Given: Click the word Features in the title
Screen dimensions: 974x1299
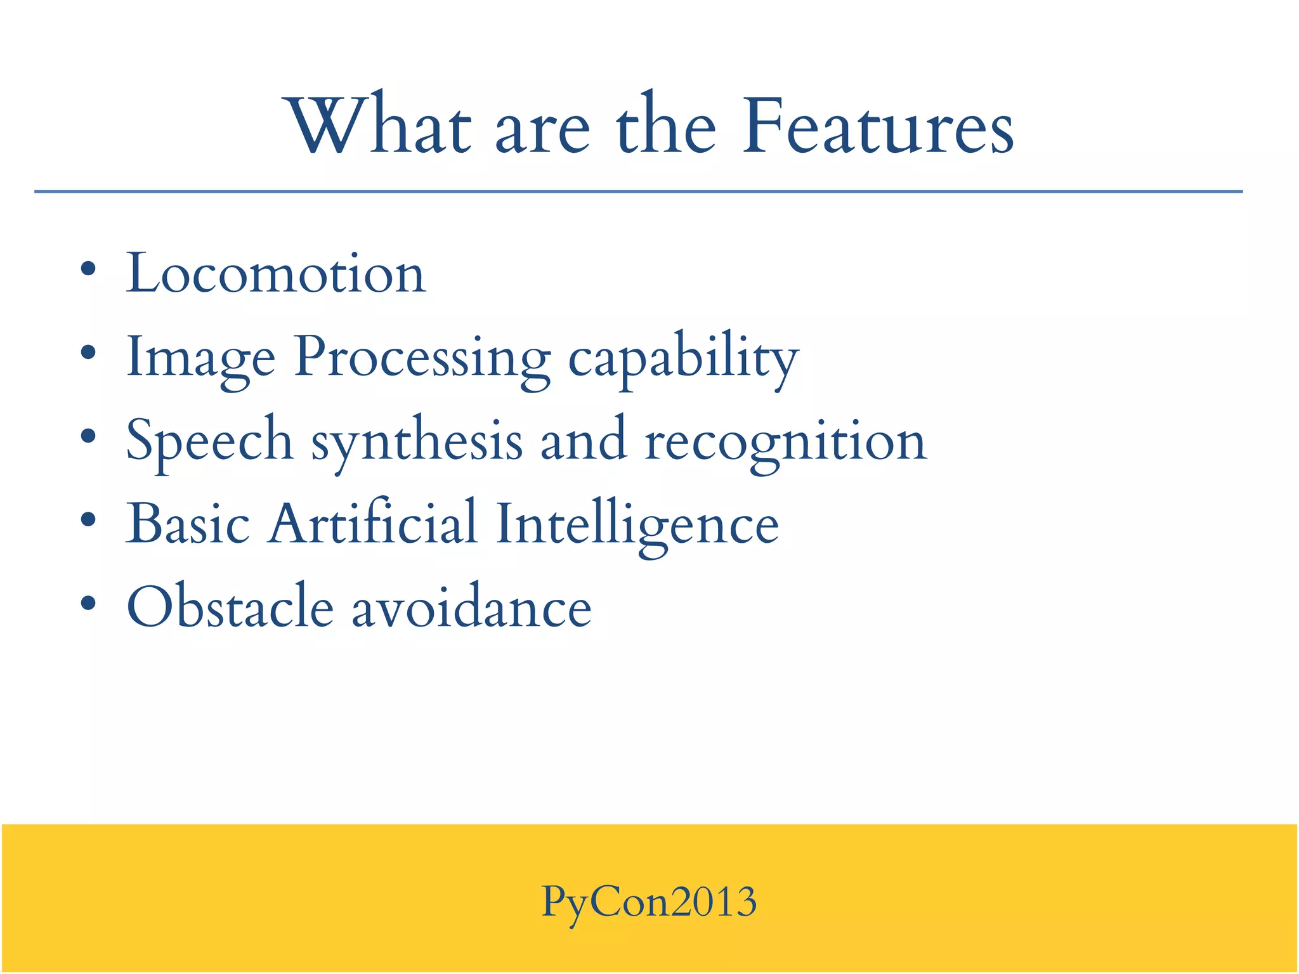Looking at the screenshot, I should tap(878, 127).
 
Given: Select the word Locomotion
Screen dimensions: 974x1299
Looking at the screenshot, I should tap(276, 274).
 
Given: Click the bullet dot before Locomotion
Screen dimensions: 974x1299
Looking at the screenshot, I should tap(89, 269).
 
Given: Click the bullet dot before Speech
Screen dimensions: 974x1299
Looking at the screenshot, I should tap(89, 436).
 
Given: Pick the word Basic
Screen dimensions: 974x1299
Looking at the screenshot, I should tap(188, 524).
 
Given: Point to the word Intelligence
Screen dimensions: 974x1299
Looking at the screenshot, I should tap(637, 525).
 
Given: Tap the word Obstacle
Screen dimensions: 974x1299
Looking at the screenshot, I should tap(230, 607).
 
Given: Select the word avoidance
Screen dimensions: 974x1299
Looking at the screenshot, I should tap(472, 607).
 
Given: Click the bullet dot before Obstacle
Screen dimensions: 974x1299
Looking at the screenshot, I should tap(89, 603).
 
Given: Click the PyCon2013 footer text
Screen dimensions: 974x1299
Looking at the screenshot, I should tap(649, 902).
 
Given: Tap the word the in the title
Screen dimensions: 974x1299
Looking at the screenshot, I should tap(666, 127).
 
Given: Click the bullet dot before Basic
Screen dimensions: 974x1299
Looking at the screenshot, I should tap(89, 520).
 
